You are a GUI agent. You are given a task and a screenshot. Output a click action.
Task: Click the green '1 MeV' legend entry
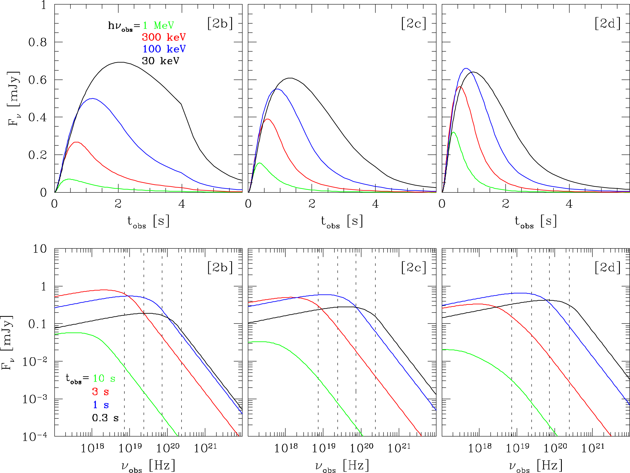click(158, 26)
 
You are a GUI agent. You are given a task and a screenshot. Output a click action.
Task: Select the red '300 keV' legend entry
click(164, 37)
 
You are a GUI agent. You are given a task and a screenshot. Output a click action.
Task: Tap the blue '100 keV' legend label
click(164, 49)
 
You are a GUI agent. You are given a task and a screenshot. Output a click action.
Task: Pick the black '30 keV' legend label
click(160, 61)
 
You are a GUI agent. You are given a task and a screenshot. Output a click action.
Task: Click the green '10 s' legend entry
click(104, 378)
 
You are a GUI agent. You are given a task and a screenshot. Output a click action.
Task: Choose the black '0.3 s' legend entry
click(105, 418)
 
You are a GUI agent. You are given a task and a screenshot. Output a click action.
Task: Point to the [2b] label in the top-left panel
click(220, 24)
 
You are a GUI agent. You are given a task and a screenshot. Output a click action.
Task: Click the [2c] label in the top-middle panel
click(414, 24)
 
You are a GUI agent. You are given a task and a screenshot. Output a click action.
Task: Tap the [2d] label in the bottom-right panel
click(608, 267)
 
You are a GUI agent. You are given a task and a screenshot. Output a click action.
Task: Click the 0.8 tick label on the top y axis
click(37, 42)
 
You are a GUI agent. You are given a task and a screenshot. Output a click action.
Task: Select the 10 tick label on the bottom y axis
click(39, 249)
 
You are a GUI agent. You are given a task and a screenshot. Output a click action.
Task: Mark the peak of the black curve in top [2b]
click(120, 62)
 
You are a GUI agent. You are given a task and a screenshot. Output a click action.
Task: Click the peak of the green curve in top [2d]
click(453, 132)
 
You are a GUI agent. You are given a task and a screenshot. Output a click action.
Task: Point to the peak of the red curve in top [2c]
click(268, 119)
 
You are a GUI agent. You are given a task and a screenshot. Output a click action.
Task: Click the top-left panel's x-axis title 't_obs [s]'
click(148, 222)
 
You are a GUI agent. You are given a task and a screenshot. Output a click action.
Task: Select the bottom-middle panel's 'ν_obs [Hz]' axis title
click(342, 466)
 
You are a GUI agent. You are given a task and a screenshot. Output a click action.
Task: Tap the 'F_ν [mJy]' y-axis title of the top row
click(14, 99)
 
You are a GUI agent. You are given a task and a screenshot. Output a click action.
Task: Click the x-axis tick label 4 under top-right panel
click(569, 204)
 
